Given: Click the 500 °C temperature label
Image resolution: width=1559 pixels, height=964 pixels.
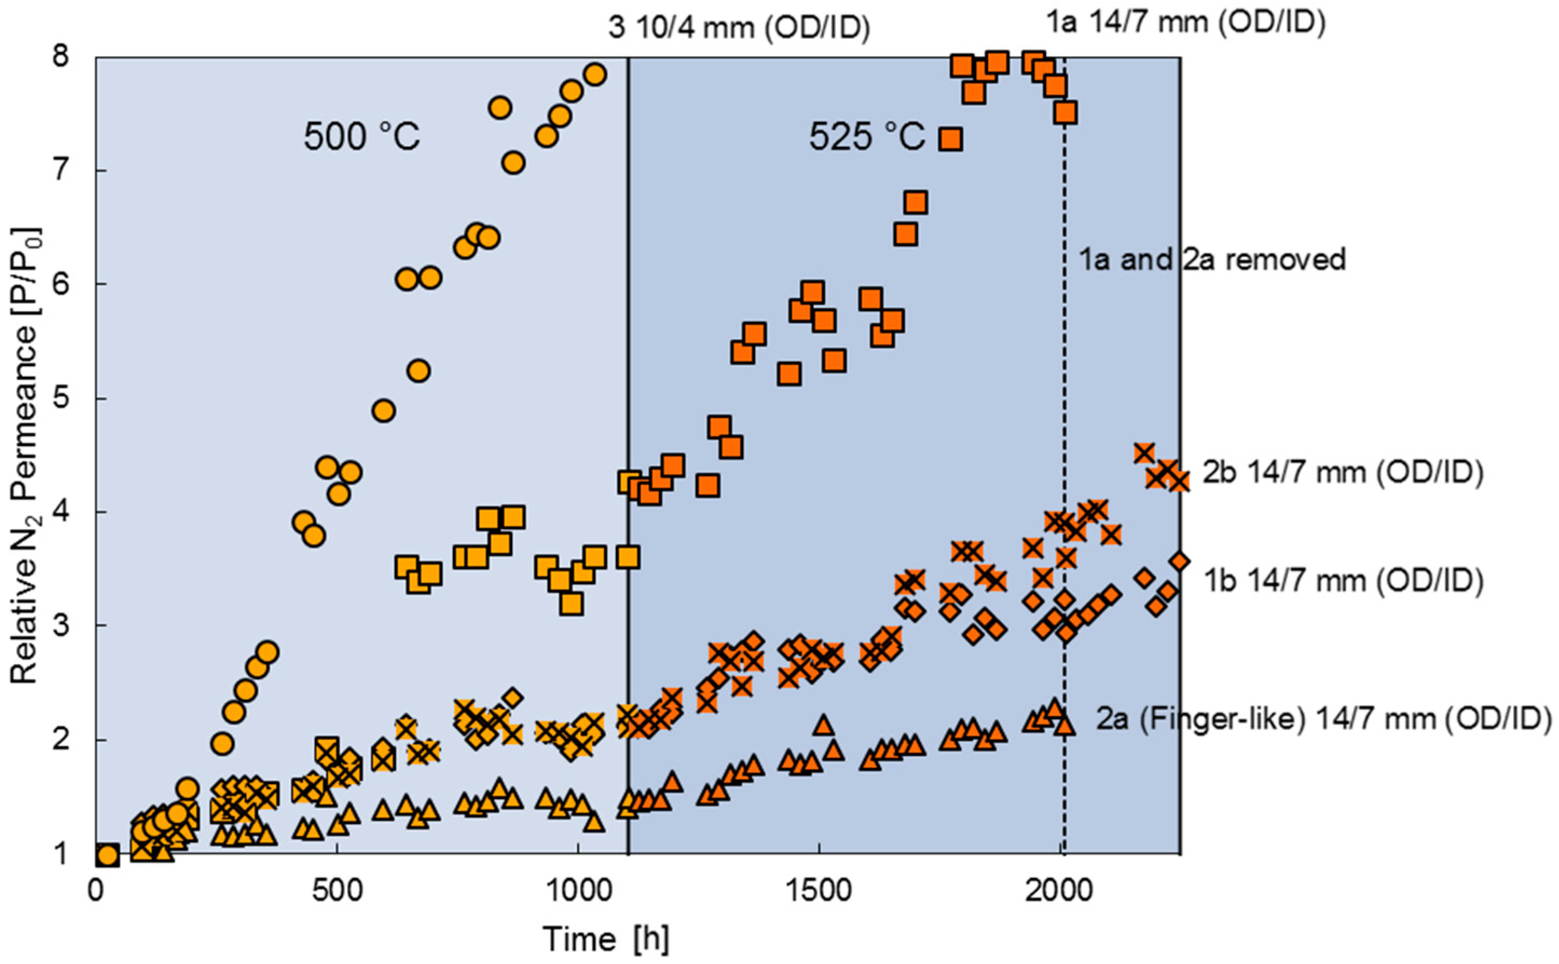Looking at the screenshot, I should pos(361,137).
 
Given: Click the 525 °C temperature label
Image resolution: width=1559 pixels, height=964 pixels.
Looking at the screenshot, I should pos(867,137).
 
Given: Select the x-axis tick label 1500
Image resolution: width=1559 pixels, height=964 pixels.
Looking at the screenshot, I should pos(819,891).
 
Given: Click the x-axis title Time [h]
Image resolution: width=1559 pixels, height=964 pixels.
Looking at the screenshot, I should pos(606,939).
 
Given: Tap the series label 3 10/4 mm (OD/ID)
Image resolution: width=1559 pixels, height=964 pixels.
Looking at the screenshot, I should pos(738,28).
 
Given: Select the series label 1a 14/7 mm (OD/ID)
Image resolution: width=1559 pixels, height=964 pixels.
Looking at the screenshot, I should pos(1186,22).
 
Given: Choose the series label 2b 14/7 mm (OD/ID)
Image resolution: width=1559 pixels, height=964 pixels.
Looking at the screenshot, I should pos(1342,472).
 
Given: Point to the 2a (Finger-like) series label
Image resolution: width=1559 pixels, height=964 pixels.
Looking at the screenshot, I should pos(1323,719).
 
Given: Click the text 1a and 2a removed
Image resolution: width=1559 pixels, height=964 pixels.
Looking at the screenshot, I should pos(1212,259).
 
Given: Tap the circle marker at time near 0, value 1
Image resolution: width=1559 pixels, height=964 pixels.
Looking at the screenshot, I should pos(108,855).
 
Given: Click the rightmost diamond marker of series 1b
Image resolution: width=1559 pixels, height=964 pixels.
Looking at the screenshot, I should pos(1179,562).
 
